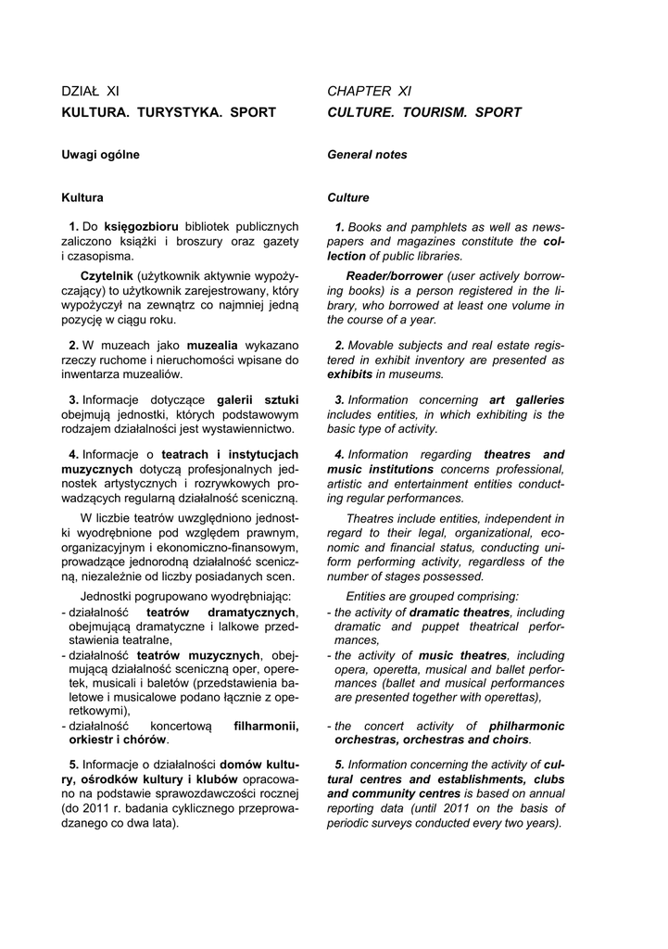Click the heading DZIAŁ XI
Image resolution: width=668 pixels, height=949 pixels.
click(x=90, y=91)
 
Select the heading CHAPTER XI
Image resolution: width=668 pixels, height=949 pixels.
click(x=369, y=91)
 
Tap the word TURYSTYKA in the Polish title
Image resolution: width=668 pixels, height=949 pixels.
click(x=173, y=113)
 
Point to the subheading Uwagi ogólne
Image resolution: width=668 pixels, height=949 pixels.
click(x=100, y=155)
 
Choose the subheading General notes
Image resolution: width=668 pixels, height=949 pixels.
click(x=367, y=155)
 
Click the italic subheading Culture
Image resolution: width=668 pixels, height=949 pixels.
click(x=347, y=197)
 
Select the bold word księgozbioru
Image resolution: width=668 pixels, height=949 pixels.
click(x=140, y=226)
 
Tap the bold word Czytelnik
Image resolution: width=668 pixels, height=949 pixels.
click(x=107, y=276)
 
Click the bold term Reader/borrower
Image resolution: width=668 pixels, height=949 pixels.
click(x=394, y=276)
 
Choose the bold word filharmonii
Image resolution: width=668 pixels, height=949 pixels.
click(x=266, y=727)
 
